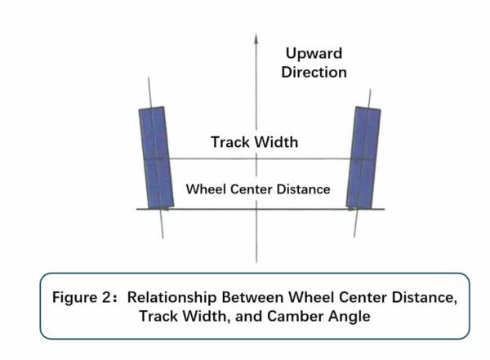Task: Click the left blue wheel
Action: coord(154,158)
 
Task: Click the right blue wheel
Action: coord(363,158)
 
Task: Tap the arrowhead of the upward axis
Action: coord(256,38)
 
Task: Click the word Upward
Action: coord(314,54)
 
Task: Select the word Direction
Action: coord(314,72)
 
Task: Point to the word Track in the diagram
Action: coord(229,142)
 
